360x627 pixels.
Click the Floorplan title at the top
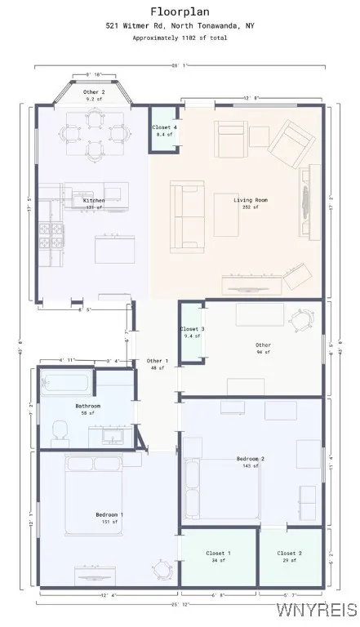180,11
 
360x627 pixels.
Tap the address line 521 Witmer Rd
180,26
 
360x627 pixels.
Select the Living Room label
251,200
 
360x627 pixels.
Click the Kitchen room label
94,200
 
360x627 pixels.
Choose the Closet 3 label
191,329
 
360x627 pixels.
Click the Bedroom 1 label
109,514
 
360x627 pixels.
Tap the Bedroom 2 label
251,459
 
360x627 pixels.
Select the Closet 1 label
218,554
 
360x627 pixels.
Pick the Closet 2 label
289,554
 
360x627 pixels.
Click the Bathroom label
87,406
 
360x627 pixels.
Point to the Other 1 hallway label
157,361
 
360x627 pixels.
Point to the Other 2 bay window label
94,92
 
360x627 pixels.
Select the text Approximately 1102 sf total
180,38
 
